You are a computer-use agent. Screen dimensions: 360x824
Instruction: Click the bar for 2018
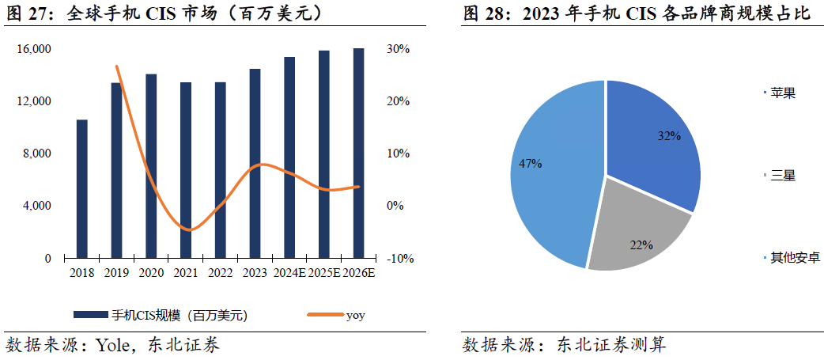pyautogui.click(x=81, y=189)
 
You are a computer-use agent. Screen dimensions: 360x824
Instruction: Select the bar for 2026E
pyautogui.click(x=358, y=153)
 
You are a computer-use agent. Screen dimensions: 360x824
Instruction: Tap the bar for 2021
pyautogui.click(x=186, y=170)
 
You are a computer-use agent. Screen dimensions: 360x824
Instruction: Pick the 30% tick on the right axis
pyautogui.click(x=399, y=49)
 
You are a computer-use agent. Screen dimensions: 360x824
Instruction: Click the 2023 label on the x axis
pyautogui.click(x=255, y=274)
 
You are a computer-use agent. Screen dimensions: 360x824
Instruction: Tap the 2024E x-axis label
pyautogui.click(x=289, y=274)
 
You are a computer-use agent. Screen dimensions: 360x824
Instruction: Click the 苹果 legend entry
pyautogui.click(x=783, y=93)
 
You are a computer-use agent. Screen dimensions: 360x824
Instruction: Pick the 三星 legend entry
pyautogui.click(x=783, y=175)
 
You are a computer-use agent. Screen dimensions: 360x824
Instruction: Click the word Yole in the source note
pyautogui.click(x=112, y=345)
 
